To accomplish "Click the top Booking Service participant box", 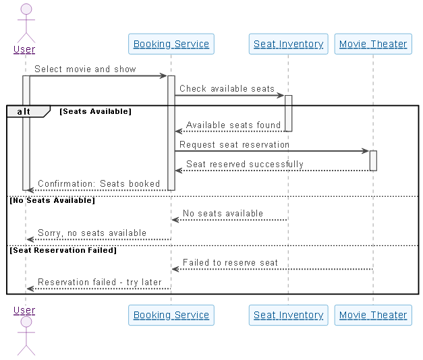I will click(171, 44).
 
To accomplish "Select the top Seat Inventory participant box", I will click(288, 44).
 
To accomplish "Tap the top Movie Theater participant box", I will click(373, 44).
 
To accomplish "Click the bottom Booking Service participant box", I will click(171, 315).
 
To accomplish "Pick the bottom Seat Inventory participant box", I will click(288, 315).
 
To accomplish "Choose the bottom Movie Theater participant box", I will click(373, 315).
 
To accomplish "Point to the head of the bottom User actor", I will click(26, 322).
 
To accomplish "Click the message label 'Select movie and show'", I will click(85, 69).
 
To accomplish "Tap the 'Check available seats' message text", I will click(227, 88).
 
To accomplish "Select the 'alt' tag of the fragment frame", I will click(24, 111).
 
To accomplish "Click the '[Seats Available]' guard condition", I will click(95, 111).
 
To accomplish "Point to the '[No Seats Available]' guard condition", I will click(52, 200).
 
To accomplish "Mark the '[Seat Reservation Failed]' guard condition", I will click(63, 250).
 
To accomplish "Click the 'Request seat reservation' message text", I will click(234, 144).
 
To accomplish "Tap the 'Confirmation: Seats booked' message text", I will click(98, 183).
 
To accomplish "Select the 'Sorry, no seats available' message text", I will click(92, 233).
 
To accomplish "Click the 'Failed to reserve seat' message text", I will click(230, 262).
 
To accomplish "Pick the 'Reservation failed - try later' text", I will click(100, 282).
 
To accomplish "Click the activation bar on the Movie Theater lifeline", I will click(373, 160).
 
